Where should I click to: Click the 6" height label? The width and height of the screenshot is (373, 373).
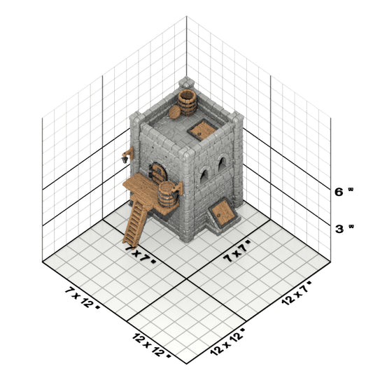[344, 192]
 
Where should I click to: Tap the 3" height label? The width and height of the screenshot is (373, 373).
[344, 229]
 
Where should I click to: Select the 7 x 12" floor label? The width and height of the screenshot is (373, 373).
[82, 298]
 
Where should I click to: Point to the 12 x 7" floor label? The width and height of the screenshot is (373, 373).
[297, 293]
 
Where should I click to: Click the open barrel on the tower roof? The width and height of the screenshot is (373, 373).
[188, 102]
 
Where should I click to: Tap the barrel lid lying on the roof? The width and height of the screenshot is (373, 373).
[175, 112]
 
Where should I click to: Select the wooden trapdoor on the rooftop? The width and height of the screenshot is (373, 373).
[202, 130]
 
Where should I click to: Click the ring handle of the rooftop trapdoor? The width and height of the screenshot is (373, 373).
[199, 134]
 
